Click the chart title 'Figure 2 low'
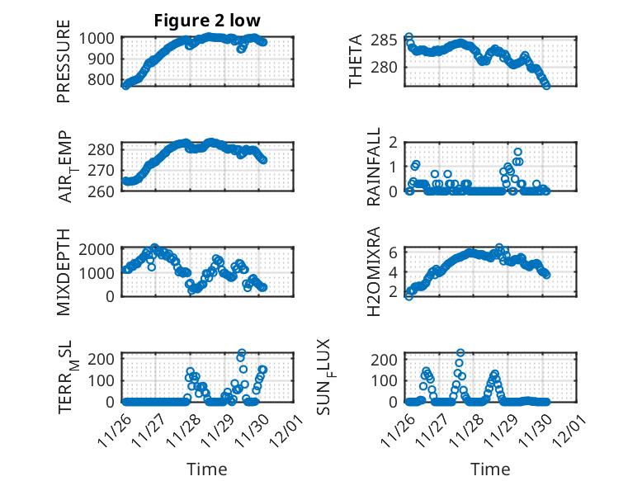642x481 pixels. coord(207,21)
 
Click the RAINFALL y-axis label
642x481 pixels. coord(374,167)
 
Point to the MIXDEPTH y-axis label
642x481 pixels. coord(64,272)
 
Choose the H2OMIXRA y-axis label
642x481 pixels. coord(374,272)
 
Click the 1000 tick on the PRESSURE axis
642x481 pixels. coord(101,38)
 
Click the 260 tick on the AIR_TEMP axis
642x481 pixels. coord(105,191)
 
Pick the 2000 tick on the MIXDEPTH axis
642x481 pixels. coord(101,249)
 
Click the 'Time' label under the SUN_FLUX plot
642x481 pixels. coord(490,469)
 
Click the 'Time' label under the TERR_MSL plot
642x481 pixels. coord(207,469)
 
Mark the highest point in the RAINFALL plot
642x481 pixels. coord(518,152)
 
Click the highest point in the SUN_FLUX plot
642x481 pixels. coord(460,353)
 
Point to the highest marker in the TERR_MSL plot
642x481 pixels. coord(242,353)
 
